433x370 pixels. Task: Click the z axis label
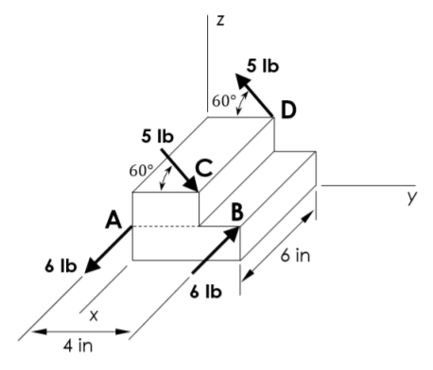point(220,21)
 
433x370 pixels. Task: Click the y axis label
point(412,197)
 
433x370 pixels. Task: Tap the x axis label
point(94,315)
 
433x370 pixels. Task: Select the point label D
point(288,110)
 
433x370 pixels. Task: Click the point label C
point(205,168)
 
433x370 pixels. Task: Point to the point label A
point(113,220)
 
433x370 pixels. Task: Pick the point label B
point(237,211)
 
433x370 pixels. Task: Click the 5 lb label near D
point(263,66)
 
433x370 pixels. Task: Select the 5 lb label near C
point(157,136)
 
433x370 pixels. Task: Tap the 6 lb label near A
point(61,266)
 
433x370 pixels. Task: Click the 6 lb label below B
point(206,292)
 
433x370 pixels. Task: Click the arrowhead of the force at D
point(243,80)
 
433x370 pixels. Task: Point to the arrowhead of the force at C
point(191,183)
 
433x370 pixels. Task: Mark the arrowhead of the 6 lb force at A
point(93,265)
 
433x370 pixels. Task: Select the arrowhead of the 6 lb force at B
point(232,234)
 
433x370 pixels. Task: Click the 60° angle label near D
point(224,101)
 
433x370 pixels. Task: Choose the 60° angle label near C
point(142,171)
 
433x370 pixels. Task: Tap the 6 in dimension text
point(295,255)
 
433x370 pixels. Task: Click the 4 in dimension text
point(78,345)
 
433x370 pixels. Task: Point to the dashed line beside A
point(165,227)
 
